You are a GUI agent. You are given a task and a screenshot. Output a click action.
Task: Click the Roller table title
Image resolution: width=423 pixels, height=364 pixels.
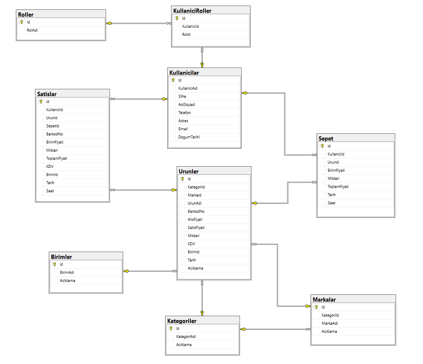26,15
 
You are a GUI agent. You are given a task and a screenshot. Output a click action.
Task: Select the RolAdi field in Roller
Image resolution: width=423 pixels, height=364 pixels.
32,30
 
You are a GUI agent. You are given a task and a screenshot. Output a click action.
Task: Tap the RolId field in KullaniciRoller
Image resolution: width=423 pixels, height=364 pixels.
186,35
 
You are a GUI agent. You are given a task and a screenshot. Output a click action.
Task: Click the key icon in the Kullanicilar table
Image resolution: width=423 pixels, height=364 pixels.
173,80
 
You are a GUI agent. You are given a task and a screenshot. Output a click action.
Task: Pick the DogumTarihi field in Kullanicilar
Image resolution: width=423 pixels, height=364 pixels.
189,137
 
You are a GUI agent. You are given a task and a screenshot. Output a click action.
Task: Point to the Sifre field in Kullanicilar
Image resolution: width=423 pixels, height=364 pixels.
182,97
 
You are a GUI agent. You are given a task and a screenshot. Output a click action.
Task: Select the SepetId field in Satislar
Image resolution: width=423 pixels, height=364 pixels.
53,126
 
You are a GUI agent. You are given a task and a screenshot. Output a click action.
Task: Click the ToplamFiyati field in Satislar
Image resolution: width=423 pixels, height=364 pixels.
56,159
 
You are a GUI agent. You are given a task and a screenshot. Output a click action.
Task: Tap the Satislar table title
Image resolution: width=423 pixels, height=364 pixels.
47,94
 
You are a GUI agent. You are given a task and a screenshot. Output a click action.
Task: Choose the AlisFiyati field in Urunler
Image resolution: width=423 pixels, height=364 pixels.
195,220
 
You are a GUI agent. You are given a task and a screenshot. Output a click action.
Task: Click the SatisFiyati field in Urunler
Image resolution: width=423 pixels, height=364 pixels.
196,228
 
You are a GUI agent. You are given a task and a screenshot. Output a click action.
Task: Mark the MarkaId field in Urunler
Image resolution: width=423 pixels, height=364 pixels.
194,195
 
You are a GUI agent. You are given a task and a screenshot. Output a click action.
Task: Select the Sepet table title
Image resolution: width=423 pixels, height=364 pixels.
326,138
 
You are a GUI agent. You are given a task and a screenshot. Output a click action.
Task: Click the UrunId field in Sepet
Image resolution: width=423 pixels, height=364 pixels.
333,162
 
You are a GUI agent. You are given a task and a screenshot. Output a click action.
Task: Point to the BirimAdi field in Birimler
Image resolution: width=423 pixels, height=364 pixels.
67,273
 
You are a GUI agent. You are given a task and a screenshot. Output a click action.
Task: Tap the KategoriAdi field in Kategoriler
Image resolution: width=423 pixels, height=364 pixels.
186,337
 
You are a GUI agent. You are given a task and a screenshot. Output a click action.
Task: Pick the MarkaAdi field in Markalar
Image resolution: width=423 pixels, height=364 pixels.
330,323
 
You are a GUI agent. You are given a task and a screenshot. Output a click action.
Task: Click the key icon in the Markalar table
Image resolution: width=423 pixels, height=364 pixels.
317,307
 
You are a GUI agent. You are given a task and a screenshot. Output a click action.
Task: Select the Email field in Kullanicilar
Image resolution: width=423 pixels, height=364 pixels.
183,129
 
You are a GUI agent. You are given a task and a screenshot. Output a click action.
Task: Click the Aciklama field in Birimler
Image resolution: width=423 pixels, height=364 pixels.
68,281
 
